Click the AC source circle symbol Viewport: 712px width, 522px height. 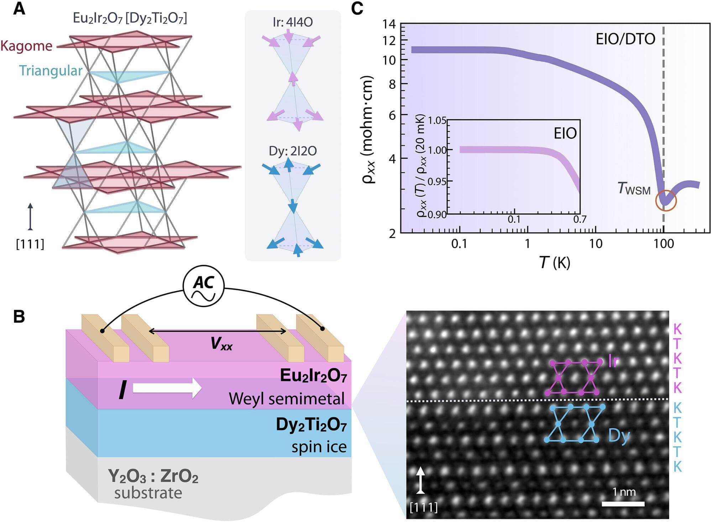(203, 286)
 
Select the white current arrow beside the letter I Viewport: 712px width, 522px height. (167, 388)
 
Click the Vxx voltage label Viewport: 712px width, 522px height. (221, 343)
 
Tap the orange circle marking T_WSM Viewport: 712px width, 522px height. (666, 201)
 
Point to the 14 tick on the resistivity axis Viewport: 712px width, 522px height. (389, 24)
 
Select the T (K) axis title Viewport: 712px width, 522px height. (554, 263)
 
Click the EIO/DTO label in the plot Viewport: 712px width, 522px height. (625, 39)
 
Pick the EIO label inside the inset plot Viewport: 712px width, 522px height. (565, 133)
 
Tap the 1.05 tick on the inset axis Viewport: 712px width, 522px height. (437, 120)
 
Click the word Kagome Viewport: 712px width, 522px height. (26, 46)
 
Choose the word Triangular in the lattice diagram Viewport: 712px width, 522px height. (51, 71)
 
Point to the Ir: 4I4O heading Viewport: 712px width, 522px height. (293, 22)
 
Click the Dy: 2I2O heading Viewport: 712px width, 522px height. (293, 151)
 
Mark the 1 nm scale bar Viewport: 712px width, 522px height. (623, 503)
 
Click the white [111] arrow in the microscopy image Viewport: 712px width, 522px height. (421, 480)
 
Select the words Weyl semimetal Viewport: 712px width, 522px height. (287, 399)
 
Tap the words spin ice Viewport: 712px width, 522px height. (319, 447)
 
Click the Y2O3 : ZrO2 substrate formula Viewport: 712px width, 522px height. (153, 476)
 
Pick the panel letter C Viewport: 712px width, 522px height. (357, 9)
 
